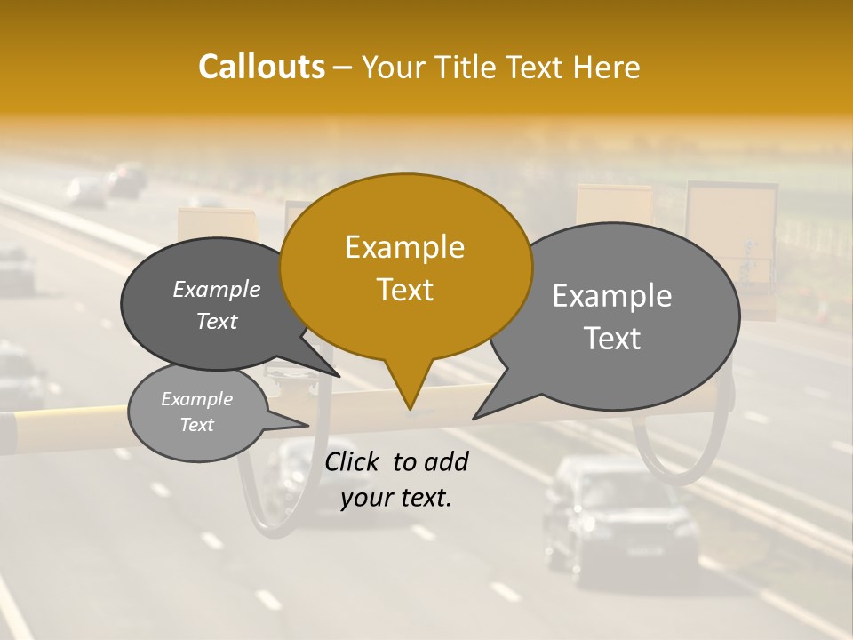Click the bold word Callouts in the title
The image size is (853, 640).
pyautogui.click(x=261, y=67)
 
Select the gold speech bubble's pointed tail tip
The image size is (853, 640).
pyautogui.click(x=410, y=410)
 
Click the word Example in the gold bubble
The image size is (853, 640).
pyautogui.click(x=404, y=247)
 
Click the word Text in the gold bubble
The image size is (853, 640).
pyautogui.click(x=404, y=290)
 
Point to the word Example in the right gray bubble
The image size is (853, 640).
pyautogui.click(x=612, y=296)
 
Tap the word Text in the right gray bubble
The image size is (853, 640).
pyautogui.click(x=612, y=339)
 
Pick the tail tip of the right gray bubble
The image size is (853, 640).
pyautogui.click(x=473, y=418)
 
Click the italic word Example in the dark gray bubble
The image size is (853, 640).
pyautogui.click(x=216, y=290)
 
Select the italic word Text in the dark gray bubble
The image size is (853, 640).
pyautogui.click(x=216, y=322)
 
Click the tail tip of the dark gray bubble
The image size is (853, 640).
pyautogui.click(x=339, y=377)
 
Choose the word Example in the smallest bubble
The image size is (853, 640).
pyautogui.click(x=196, y=399)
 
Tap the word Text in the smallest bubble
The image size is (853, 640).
pyautogui.click(x=196, y=425)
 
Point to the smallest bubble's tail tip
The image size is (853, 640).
pyautogui.click(x=308, y=426)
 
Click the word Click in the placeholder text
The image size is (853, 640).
pyautogui.click(x=353, y=461)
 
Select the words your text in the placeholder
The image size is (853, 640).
pyautogui.click(x=396, y=499)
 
